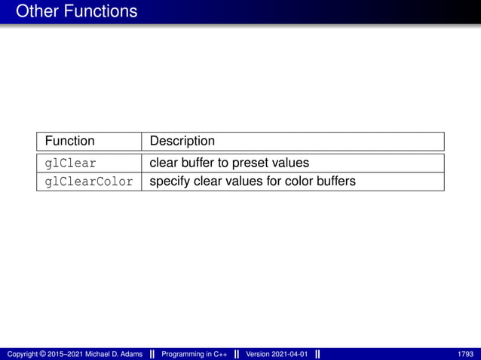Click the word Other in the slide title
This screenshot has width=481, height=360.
coord(36,11)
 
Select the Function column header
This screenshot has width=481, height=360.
coord(69,141)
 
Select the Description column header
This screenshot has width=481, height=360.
coord(182,141)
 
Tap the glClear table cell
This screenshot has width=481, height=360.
coord(70,163)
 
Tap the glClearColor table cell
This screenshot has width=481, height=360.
coord(89,182)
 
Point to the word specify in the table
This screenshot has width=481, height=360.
coord(170,182)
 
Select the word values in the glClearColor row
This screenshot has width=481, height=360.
coord(243,182)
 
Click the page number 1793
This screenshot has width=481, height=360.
coord(465,354)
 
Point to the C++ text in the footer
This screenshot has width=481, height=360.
coord(218,354)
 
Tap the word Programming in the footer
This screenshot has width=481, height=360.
coord(184,354)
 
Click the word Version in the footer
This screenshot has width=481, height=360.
coord(258,354)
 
